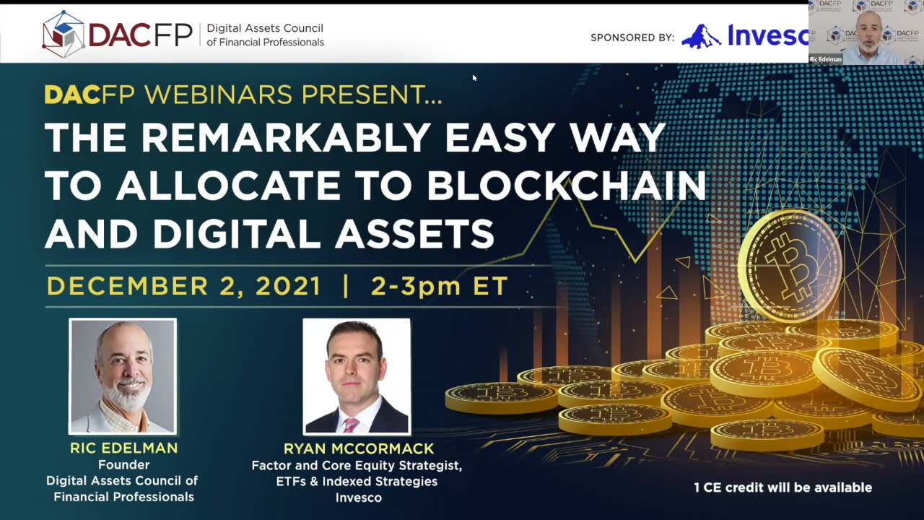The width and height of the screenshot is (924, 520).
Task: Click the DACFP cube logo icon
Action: [64, 34]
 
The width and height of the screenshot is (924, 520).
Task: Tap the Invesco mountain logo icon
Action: [701, 37]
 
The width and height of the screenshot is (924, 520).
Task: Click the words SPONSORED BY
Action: [632, 38]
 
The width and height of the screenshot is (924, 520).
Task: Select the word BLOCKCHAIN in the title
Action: [566, 186]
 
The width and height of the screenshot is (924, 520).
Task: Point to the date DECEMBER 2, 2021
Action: [183, 286]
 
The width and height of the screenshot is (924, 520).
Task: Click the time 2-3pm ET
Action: [440, 286]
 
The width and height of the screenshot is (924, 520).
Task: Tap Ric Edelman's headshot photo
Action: [123, 376]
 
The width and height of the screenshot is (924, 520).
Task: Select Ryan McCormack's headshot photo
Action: [356, 376]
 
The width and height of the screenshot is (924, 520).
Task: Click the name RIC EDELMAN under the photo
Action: [123, 448]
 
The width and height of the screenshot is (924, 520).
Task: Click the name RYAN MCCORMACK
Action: [358, 448]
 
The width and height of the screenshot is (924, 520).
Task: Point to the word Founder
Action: [123, 464]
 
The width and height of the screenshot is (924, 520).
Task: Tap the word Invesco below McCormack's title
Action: [358, 498]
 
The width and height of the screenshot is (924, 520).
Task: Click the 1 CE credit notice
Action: [783, 487]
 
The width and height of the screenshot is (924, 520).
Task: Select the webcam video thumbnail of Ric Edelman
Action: [866, 32]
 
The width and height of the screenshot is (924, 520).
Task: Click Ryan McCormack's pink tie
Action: [352, 423]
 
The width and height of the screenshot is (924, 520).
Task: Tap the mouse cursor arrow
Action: [474, 77]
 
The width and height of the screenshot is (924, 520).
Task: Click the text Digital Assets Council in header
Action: [265, 28]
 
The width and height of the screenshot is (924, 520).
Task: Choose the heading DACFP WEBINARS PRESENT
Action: [243, 95]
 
